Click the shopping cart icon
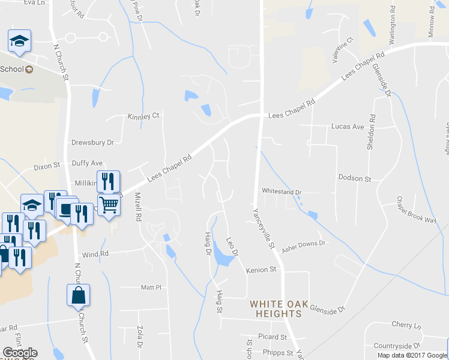(109, 205)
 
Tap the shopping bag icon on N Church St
(78, 296)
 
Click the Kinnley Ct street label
(143, 116)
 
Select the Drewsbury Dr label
(92, 143)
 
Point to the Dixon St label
(47, 165)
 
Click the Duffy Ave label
(87, 163)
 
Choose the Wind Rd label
(95, 254)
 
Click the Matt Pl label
(151, 287)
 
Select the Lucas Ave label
(348, 127)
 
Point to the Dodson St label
(355, 179)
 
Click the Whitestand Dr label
(281, 191)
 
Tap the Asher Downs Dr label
(303, 243)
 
